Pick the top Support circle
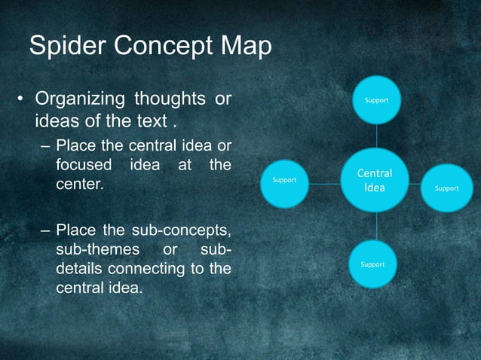pos(377,99)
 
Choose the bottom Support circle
pos(372,264)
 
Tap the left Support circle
pos(284,181)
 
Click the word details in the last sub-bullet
pos(79,268)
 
